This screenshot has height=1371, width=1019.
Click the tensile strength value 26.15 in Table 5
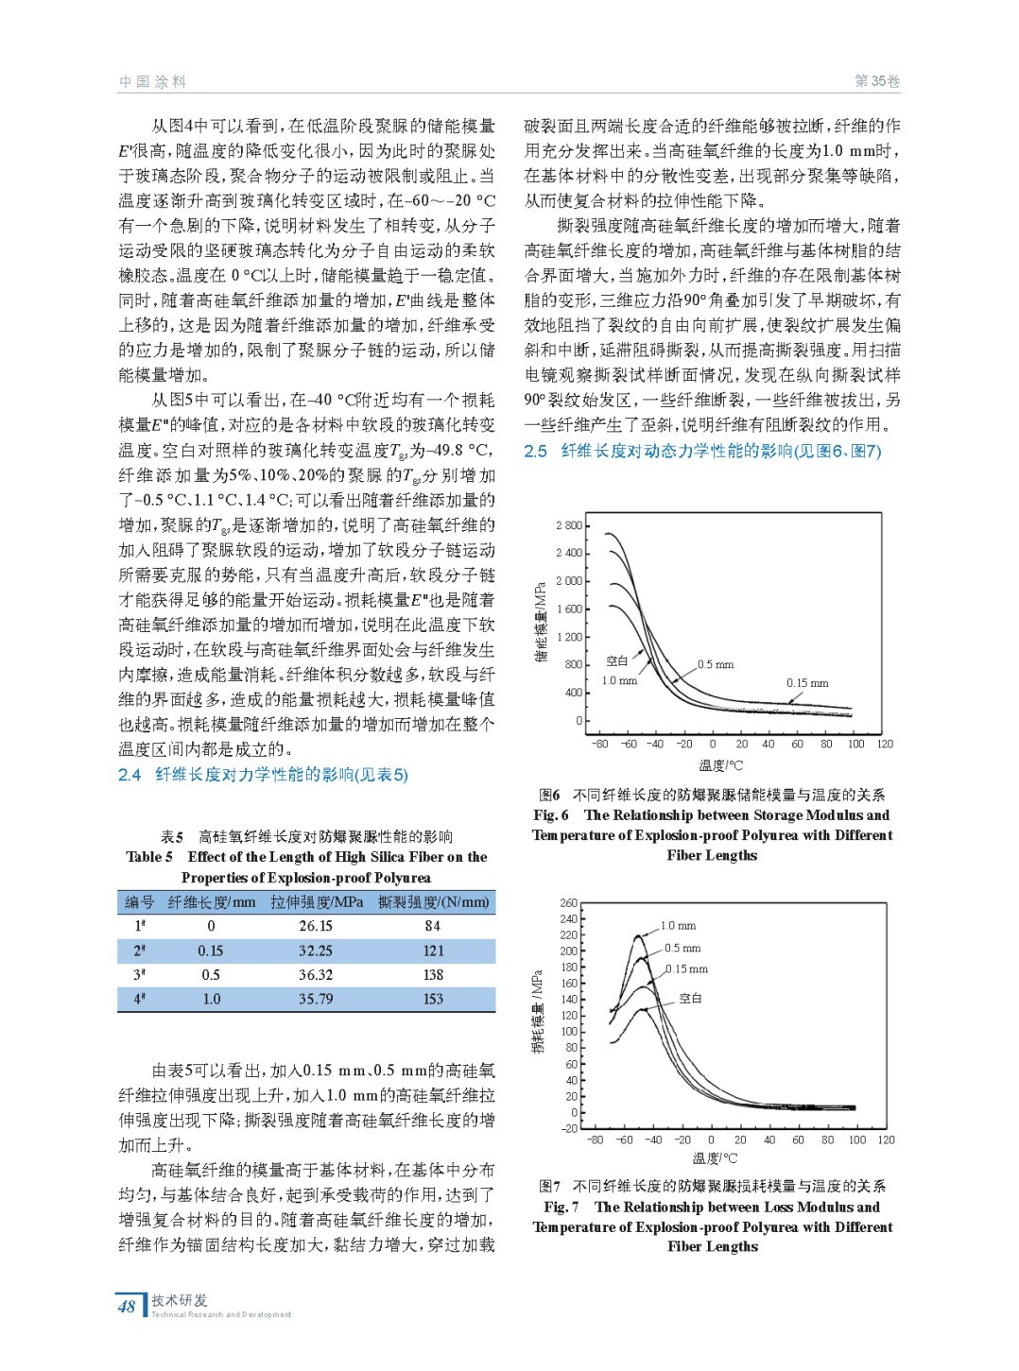coord(316,926)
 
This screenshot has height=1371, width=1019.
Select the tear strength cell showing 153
coord(433,999)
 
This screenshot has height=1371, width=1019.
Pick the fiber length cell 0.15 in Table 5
coord(211,951)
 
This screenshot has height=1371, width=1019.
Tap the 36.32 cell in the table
coord(316,974)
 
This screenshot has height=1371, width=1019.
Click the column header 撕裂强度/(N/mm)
coord(434,902)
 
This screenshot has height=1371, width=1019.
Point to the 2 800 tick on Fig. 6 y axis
coord(569,525)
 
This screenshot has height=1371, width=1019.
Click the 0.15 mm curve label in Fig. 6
coord(807,683)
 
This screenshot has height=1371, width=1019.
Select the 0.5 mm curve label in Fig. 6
coord(716,664)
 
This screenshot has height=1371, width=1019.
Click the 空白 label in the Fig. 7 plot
coord(690,998)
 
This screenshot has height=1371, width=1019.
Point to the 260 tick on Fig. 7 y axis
coord(568,903)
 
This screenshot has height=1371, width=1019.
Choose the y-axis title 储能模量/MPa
coord(541,622)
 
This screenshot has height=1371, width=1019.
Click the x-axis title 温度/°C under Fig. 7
coord(716,1158)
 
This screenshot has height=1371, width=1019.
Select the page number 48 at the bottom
coord(127,1307)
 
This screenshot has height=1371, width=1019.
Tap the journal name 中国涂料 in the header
coord(152,82)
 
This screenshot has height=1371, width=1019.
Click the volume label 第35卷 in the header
coord(876,81)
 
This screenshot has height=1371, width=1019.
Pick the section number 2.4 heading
coord(130,775)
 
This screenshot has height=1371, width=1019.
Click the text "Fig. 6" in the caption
coord(550,815)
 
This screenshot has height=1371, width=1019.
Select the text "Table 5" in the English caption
coord(149,857)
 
